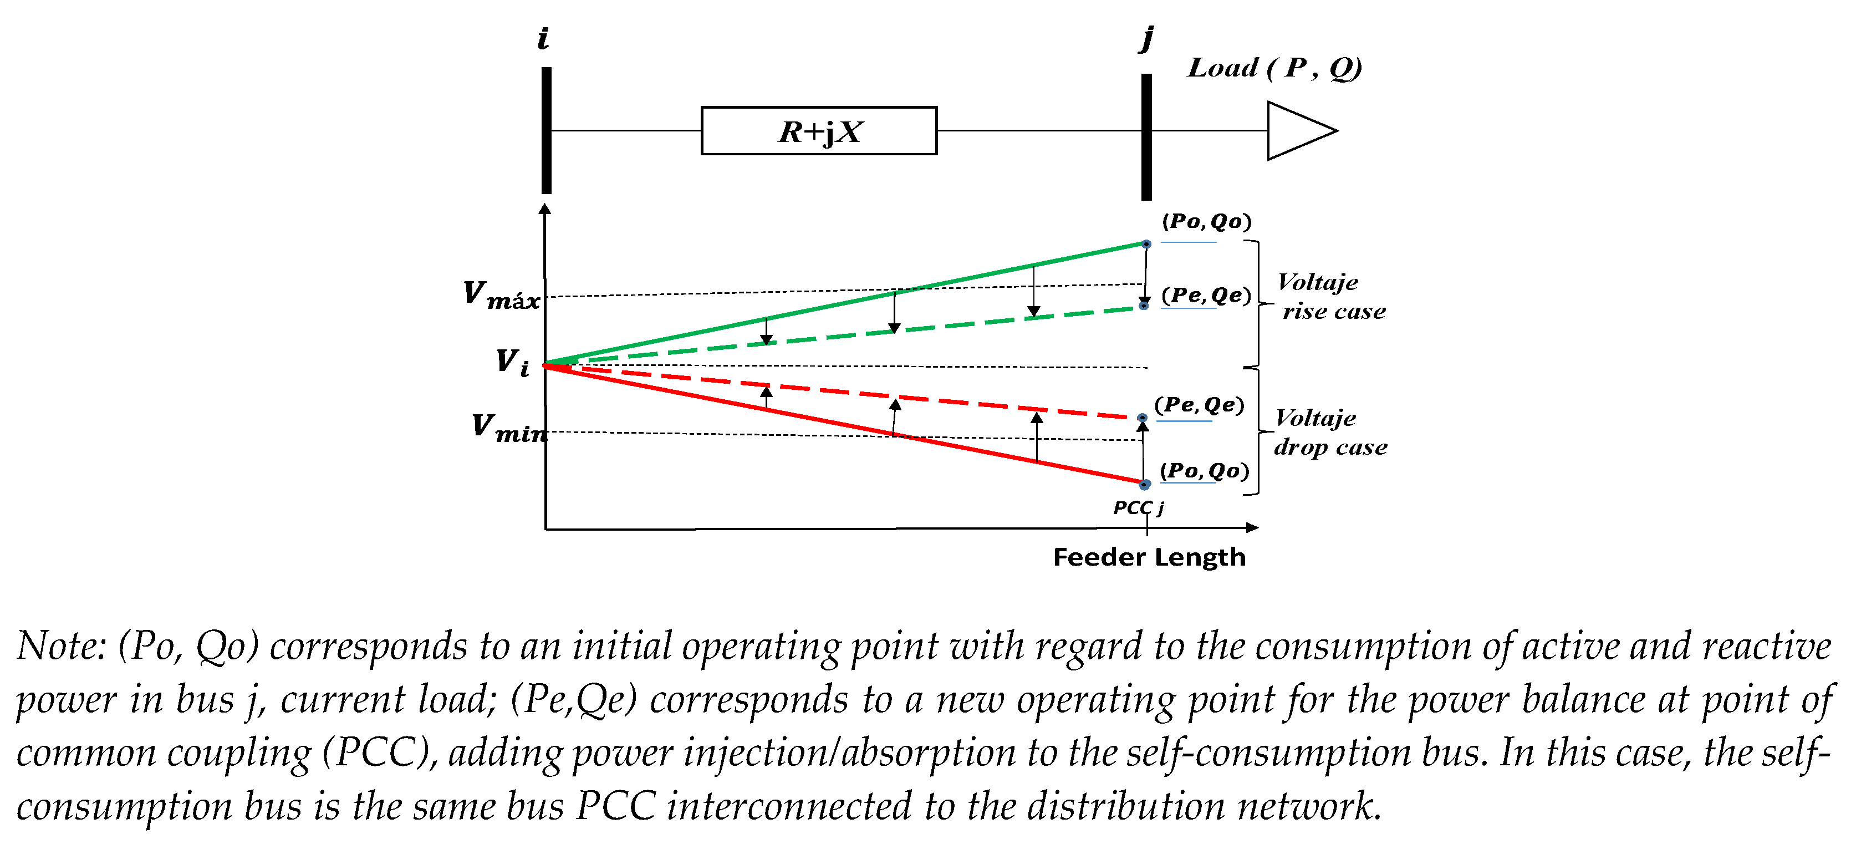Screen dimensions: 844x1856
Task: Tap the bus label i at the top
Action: (543, 38)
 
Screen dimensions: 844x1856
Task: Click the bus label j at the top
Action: (1146, 38)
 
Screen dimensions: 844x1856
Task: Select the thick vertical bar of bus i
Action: (546, 130)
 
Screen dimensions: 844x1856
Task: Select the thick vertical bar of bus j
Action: (1146, 137)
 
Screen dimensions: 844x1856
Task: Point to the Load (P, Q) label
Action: (1274, 68)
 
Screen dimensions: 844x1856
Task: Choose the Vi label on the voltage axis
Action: (512, 362)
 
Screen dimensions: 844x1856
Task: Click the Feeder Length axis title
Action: (1149, 557)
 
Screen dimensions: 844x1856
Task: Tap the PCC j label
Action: (1139, 507)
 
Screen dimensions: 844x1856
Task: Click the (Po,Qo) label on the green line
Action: (1206, 221)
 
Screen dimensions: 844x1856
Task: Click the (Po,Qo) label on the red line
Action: (1204, 471)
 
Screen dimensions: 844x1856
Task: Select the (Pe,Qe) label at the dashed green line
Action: (1206, 295)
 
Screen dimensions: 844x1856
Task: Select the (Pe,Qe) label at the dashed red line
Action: (1199, 405)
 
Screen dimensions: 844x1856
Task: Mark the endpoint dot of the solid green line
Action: (1146, 245)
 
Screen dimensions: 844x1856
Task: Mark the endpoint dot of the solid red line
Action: (1144, 484)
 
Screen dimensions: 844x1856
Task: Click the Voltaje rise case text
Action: (1332, 296)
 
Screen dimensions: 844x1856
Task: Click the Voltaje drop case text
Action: (1330, 433)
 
